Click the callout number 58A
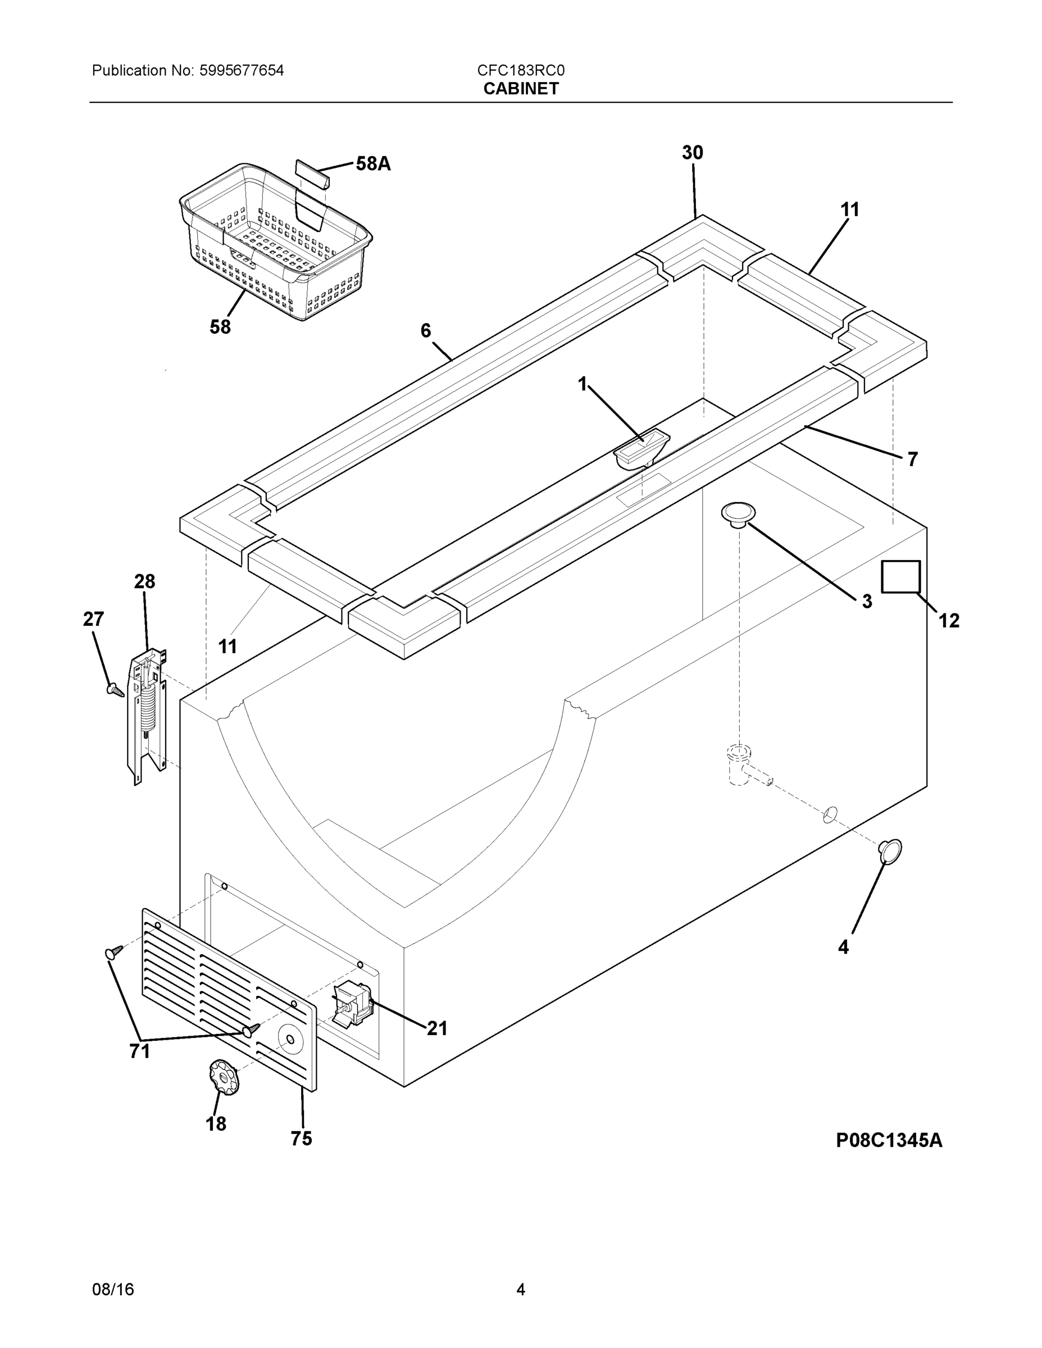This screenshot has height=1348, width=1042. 374,163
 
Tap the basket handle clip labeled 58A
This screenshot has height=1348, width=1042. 312,174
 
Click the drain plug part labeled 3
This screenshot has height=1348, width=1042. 738,514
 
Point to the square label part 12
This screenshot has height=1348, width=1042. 900,576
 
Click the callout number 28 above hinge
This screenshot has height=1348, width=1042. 144,581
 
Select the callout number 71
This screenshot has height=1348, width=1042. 139,1051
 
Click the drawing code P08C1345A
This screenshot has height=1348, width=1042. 889,1141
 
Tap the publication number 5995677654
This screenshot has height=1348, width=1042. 242,71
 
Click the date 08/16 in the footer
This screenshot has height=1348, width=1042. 113,1290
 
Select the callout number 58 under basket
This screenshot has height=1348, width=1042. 220,327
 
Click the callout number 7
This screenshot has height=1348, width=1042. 912,459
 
